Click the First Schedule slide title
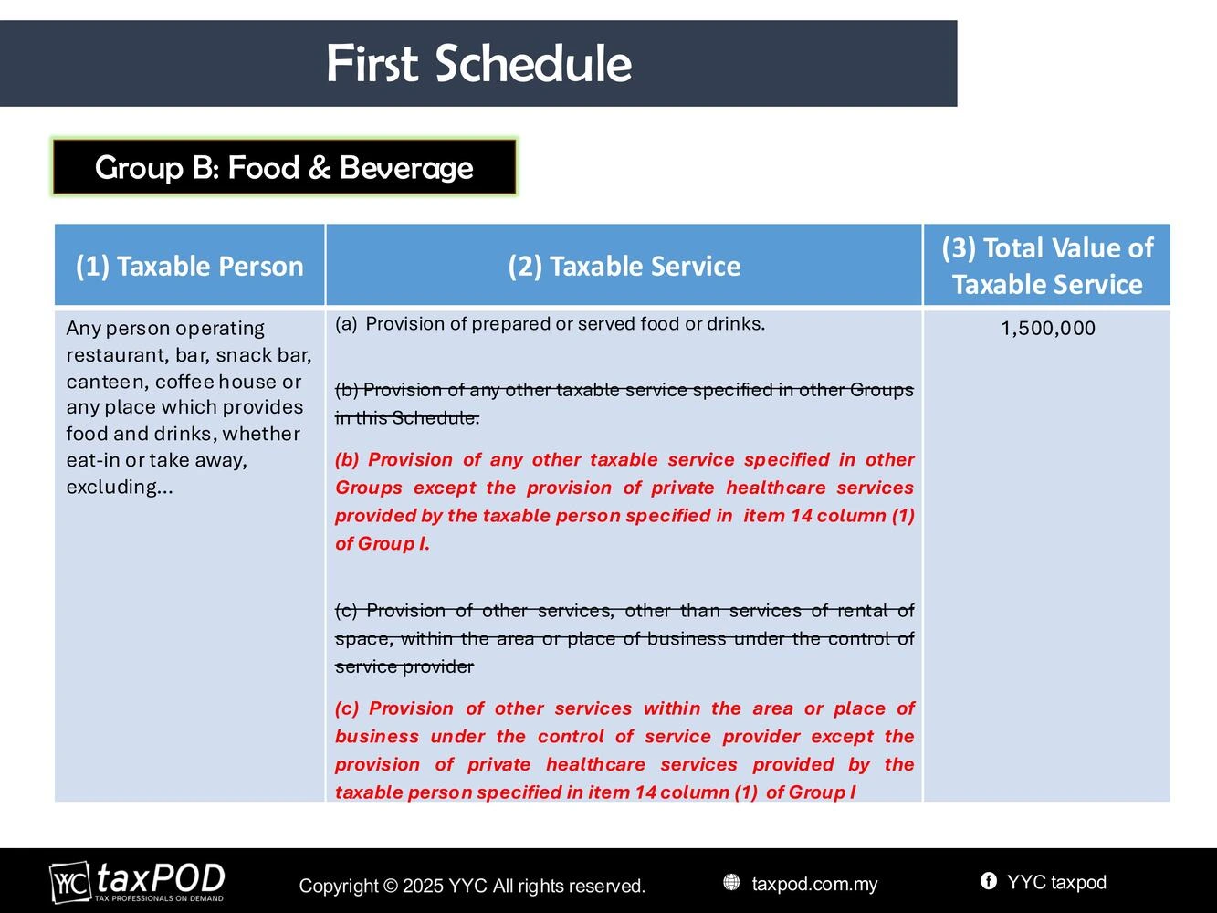click(x=478, y=63)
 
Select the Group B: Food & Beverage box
click(x=285, y=167)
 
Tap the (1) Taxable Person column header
click(x=190, y=266)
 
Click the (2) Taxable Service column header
click(x=624, y=266)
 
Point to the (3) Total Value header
click(x=1047, y=266)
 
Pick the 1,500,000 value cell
click(x=1048, y=328)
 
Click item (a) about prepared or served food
click(x=550, y=324)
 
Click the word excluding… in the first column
click(x=120, y=487)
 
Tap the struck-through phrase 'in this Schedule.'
click(x=407, y=417)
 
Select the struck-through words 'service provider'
click(x=404, y=666)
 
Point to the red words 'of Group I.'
click(x=383, y=544)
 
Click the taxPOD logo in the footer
click(x=138, y=882)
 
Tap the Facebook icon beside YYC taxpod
click(x=988, y=881)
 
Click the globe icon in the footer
click(x=731, y=882)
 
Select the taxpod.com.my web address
click(x=814, y=884)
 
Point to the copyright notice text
click(x=472, y=886)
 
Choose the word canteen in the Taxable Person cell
click(x=107, y=382)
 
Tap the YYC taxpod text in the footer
click(x=1056, y=882)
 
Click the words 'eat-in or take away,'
click(x=157, y=460)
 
